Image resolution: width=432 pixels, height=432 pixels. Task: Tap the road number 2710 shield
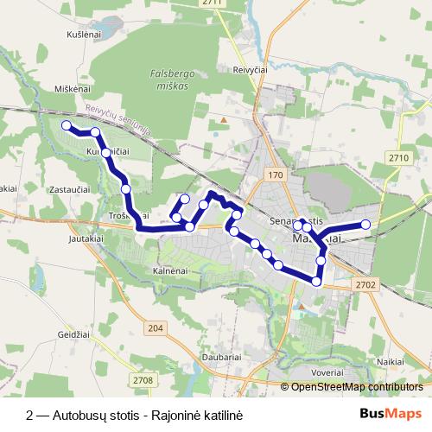[x=398, y=157]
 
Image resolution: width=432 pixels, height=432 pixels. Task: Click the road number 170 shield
[x=276, y=175]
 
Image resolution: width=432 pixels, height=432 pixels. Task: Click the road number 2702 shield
[x=365, y=283]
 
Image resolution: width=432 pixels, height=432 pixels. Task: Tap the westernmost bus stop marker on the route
[x=66, y=126]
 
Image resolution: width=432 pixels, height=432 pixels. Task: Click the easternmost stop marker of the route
[x=365, y=225]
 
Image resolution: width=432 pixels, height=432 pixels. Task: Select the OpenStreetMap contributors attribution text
[x=356, y=386]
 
